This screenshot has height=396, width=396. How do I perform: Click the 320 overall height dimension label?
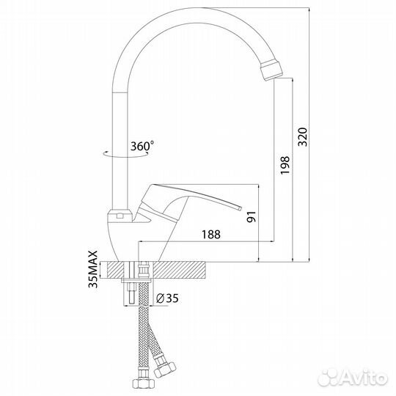tap(302, 137)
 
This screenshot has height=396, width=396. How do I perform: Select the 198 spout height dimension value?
tap(285, 165)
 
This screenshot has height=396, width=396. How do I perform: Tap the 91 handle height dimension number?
tap(252, 216)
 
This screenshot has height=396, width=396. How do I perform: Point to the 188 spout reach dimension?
tap(211, 235)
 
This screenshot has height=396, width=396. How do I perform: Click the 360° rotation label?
tap(142, 146)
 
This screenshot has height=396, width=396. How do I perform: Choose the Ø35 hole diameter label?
tap(167, 298)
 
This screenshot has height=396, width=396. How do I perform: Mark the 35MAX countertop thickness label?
tap(92, 269)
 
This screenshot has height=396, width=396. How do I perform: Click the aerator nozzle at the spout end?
tap(271, 70)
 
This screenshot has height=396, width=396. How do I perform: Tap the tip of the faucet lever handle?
tap(241, 208)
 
